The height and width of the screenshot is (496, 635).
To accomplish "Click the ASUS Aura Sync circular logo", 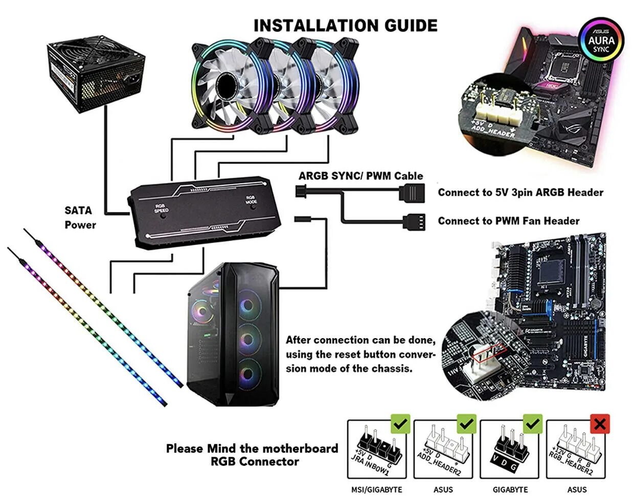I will click(x=601, y=40).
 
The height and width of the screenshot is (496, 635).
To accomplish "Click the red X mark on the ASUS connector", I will click(x=600, y=423).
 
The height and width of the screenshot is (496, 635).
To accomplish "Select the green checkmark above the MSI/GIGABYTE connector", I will click(x=400, y=423).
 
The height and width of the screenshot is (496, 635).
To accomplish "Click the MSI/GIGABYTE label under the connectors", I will click(x=376, y=489).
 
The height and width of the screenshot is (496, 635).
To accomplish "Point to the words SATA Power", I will click(x=80, y=217).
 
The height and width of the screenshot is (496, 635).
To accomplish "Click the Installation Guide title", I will click(x=346, y=26).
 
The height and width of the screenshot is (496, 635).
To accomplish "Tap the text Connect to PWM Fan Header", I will click(x=508, y=221).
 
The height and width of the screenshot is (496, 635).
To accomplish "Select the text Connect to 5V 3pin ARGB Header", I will click(x=520, y=193).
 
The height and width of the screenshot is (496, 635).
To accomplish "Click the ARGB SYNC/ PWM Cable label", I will click(x=361, y=176).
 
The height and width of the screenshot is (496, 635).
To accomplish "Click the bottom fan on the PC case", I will click(x=248, y=371).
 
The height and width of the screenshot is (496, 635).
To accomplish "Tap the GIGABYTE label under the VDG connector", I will click(x=510, y=489).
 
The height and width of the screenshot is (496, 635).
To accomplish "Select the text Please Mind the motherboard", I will click(x=252, y=448).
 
